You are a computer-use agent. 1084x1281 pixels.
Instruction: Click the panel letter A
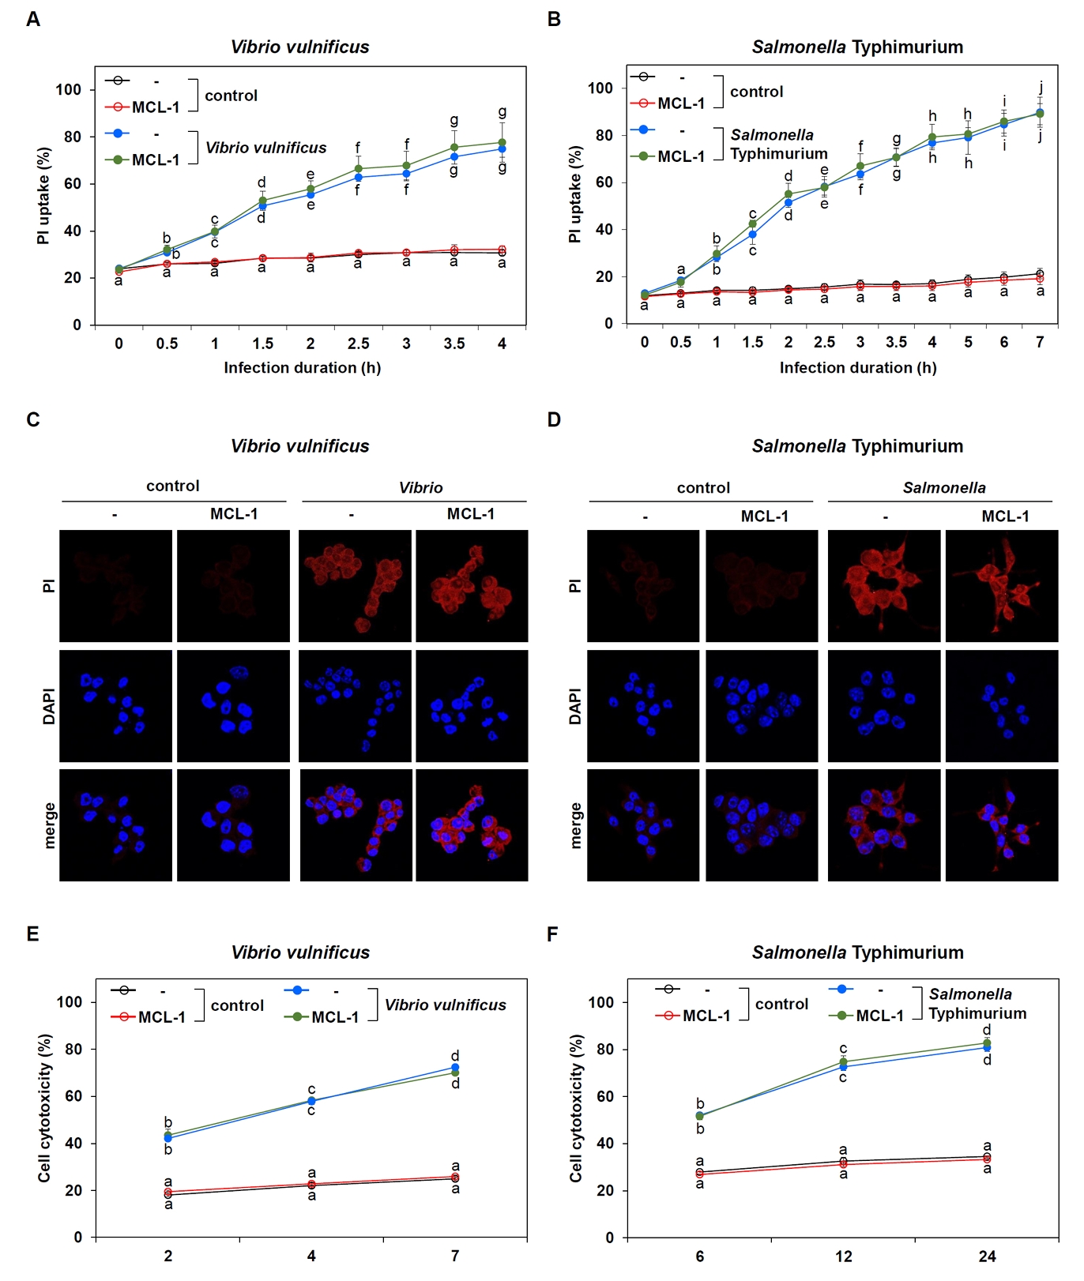33,19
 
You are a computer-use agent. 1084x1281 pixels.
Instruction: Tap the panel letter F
552,934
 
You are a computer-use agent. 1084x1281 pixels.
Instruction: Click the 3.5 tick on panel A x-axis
454,344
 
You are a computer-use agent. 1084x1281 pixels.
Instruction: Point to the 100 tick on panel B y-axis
600,88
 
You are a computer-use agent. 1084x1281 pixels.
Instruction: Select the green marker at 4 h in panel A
502,143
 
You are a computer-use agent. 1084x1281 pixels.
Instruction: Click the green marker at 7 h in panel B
1040,114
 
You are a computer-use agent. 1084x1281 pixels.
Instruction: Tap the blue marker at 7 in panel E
455,1068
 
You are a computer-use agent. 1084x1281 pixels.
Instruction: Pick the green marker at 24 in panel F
987,1043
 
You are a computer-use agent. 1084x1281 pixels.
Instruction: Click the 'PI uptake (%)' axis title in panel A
43,195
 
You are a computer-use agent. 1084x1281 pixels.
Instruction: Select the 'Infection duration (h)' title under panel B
858,367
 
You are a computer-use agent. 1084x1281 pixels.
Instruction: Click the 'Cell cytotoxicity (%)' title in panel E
44,1108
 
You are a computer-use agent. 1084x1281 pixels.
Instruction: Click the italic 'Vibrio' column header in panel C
420,487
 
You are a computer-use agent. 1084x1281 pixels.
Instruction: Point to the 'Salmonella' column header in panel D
944,487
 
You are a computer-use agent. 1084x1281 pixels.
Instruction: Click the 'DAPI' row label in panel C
49,706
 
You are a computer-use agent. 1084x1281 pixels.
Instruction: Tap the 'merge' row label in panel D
575,825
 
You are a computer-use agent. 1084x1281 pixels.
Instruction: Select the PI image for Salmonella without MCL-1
883,585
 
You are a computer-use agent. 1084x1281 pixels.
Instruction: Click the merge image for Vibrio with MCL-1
472,825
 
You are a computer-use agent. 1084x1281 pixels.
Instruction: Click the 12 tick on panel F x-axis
844,1256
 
